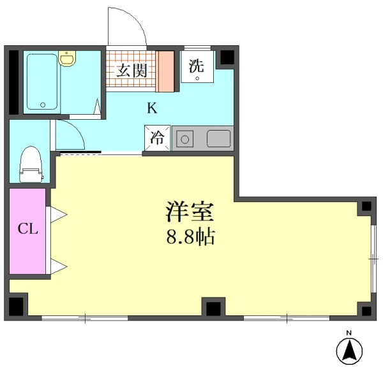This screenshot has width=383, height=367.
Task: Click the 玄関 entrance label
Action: pos(131,70)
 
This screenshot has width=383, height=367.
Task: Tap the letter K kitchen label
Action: pos(151,108)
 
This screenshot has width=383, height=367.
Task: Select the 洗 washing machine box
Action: pos(197,66)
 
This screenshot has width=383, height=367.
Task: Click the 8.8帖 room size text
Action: pos(190,237)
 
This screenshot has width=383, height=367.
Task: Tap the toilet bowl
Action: pos(29,164)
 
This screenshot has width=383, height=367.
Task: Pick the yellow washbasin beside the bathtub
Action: pos(67,60)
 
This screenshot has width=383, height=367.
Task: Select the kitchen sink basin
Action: pos(218,138)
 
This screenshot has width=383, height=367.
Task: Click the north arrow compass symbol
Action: pos(349,350)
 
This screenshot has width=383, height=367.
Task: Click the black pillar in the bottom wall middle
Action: pos(213,307)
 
